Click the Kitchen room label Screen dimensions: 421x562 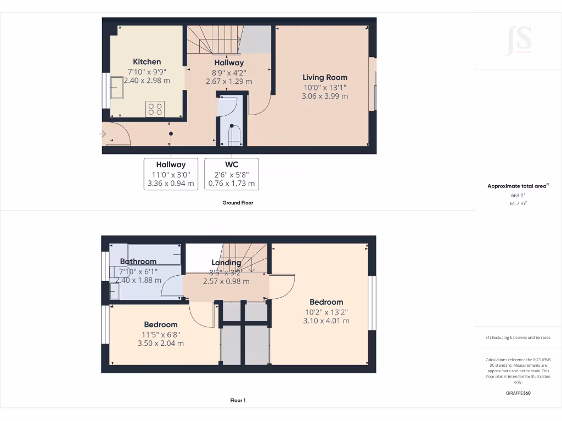[147, 61]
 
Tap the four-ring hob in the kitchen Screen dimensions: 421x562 [155, 109]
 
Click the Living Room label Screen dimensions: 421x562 [325, 77]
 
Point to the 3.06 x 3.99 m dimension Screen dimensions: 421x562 [325, 96]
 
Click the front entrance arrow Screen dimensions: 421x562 [103, 134]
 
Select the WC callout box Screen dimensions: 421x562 [232, 174]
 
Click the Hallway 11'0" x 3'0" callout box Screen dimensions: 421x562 [171, 174]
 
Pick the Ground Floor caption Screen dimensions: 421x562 [238, 203]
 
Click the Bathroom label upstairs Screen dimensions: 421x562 [138, 261]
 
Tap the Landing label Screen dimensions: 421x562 [226, 263]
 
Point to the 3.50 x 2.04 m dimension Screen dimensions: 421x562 [161, 343]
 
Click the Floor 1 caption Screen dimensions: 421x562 [238, 401]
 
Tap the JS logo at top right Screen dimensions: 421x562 [518, 40]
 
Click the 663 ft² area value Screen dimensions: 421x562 [518, 195]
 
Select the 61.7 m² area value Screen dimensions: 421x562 [518, 203]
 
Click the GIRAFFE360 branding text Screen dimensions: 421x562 [518, 393]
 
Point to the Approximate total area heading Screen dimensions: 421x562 [517, 186]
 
